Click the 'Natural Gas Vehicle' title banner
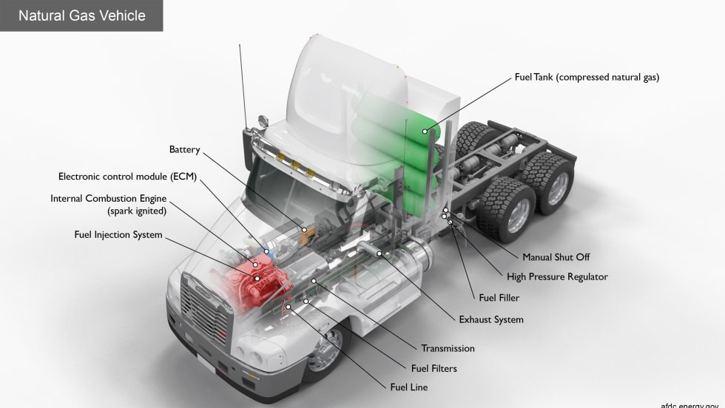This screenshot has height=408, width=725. [81, 16]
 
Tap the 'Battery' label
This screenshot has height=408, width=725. [184, 150]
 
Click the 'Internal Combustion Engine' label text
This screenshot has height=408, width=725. [108, 199]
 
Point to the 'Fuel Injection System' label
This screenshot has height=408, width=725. [118, 235]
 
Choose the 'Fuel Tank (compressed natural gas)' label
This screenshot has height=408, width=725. [586, 77]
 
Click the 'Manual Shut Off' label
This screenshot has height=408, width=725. [556, 257]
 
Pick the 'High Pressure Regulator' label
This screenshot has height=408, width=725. [557, 277]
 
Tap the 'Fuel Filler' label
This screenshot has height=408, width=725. [499, 298]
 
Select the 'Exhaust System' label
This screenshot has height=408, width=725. [490, 320]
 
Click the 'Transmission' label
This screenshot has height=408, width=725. [448, 348]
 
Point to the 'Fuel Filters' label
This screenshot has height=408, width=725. [434, 368]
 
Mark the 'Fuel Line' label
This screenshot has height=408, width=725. [408, 387]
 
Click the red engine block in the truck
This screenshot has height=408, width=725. [252, 285]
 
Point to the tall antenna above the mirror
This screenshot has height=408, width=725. [243, 81]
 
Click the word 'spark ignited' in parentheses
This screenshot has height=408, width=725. [138, 211]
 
